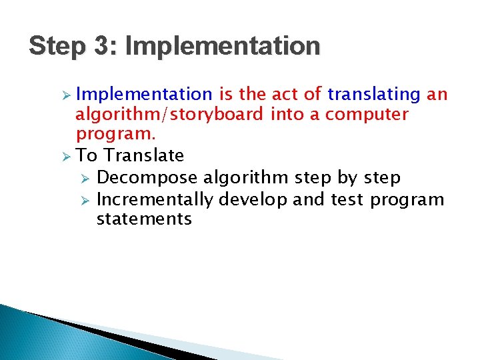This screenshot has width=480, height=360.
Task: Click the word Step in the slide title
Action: (x=57, y=47)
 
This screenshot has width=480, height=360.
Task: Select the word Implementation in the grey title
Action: (x=222, y=47)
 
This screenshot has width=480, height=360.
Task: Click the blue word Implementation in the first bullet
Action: (x=143, y=95)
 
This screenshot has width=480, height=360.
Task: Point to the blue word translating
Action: (x=374, y=95)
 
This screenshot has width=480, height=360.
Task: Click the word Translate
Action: (x=144, y=156)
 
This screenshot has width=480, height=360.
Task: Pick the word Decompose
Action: (x=147, y=178)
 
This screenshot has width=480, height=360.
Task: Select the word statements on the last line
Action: (x=144, y=219)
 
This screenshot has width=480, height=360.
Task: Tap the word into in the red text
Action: (x=286, y=115)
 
